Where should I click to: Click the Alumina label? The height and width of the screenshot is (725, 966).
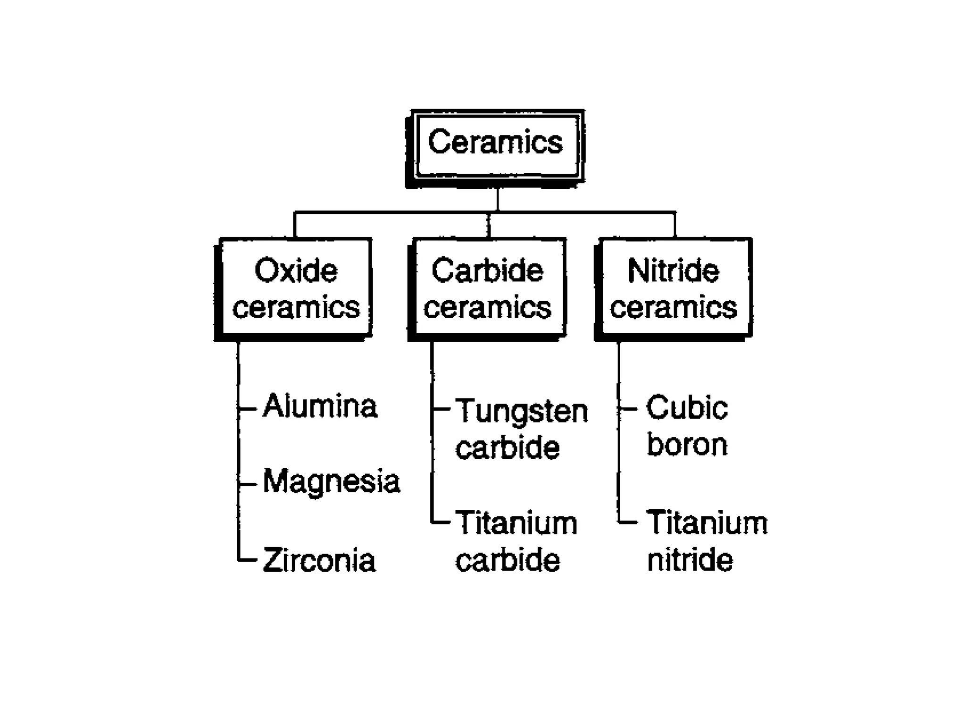320,406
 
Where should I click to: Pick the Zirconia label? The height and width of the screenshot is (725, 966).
319,561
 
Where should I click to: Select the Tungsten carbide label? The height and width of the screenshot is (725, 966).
521,429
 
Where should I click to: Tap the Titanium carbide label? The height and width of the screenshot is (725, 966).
516,542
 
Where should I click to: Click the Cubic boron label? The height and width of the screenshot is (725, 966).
687,426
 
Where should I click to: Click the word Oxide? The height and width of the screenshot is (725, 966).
296,270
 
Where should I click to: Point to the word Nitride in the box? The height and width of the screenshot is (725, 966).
674,270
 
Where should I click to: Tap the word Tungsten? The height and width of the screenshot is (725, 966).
522,411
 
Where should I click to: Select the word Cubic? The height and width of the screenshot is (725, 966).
687,408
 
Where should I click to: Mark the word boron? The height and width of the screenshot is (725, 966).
687,445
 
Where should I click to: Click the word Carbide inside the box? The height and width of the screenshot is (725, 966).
488,270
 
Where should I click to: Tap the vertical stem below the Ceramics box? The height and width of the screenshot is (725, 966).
497,199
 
